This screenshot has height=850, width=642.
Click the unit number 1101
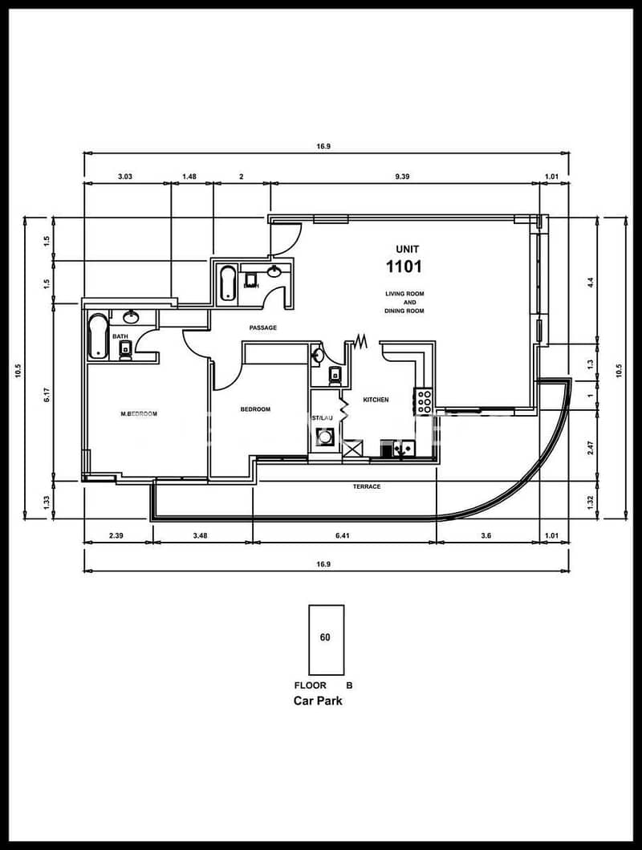point(404,266)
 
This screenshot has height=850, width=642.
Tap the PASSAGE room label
point(262,328)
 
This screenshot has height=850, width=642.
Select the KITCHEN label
point(376,400)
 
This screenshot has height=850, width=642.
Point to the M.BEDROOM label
point(139,414)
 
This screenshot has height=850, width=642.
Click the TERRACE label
point(367,486)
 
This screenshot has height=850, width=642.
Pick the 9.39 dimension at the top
point(402,177)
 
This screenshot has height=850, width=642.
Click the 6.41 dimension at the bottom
point(343,535)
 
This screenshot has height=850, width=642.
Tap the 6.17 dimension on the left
point(47,394)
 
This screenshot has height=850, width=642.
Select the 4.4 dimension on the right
point(591,283)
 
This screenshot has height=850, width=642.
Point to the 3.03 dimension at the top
point(125,177)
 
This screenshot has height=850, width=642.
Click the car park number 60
point(325,637)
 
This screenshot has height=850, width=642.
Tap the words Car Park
point(318,701)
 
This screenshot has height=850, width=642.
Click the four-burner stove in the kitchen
point(424,401)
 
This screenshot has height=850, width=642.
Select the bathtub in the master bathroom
point(98,336)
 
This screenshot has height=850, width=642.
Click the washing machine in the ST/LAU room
point(325,437)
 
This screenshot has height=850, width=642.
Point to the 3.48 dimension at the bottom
point(201,535)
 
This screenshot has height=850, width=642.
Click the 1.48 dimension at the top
point(189,177)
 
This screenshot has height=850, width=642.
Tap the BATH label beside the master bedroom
point(120,336)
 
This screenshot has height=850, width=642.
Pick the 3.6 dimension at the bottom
point(486,535)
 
